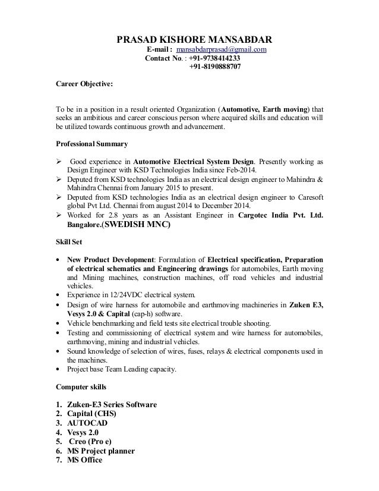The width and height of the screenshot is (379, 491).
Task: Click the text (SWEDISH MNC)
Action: pyautogui.click(x=135, y=226)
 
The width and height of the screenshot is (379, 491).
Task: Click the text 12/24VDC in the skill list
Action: pyautogui.click(x=121, y=294)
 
